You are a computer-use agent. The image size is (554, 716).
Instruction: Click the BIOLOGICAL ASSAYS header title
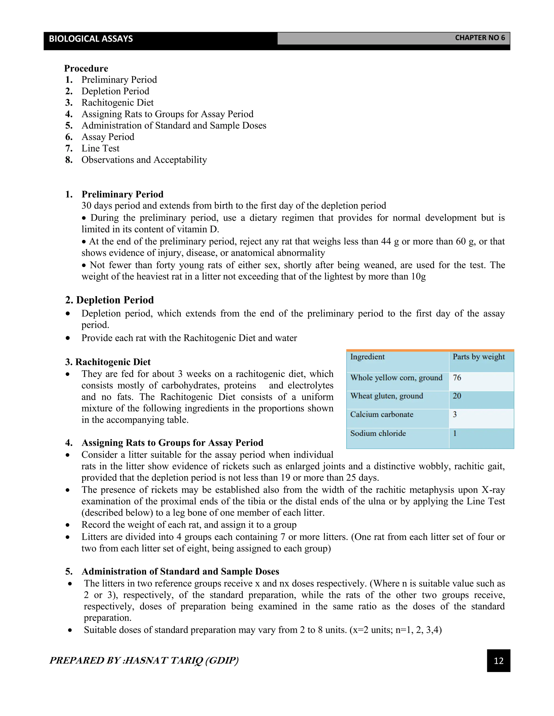coord(91,39)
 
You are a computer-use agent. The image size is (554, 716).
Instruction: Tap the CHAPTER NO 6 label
coord(480,38)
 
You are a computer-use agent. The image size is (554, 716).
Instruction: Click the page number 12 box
coord(498,661)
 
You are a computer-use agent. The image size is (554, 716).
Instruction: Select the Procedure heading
coord(86,69)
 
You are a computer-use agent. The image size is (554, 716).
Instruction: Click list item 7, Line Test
coord(100,149)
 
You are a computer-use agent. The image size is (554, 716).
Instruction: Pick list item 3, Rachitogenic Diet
coord(117,103)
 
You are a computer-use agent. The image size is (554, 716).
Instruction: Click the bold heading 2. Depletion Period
coord(109,300)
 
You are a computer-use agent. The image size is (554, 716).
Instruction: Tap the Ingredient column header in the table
coord(367,357)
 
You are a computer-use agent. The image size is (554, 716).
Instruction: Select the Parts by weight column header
coord(479,357)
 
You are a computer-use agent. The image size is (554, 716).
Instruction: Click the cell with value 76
coord(457,378)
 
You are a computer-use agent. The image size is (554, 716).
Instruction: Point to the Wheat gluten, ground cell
coord(386,396)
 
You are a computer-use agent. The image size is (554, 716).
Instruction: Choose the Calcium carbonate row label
coord(381,414)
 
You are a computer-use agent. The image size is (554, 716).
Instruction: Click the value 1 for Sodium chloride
coord(455,433)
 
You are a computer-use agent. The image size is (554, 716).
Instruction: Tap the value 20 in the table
coord(457,396)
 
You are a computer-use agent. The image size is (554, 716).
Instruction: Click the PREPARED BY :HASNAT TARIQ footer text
coord(144,660)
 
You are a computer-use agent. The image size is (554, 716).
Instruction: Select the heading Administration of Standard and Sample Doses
coord(180,571)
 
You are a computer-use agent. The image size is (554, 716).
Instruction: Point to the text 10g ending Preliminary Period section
coord(418,277)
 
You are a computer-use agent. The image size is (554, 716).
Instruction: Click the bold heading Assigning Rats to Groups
coord(172,443)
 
